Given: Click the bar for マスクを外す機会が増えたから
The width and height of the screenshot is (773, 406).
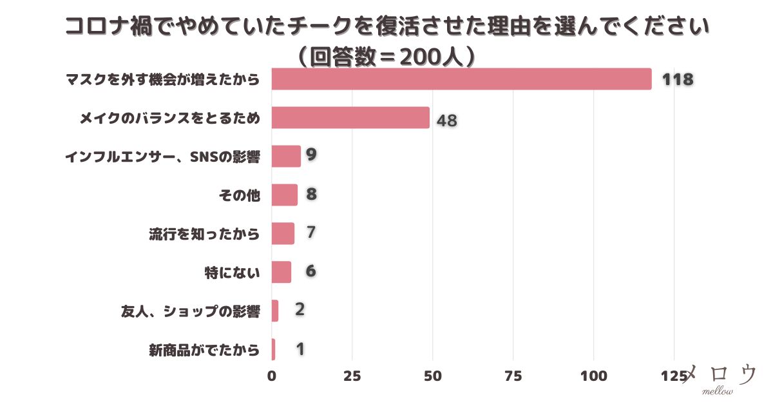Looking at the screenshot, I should [461, 79].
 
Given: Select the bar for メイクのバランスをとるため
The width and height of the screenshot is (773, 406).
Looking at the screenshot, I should [350, 118].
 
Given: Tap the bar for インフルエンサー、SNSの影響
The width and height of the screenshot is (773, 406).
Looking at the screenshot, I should [286, 157].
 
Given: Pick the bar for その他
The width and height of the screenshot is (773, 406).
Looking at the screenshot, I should [285, 195].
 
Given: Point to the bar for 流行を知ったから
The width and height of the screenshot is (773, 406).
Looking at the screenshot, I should [283, 233].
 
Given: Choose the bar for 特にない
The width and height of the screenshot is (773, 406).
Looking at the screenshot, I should [282, 272].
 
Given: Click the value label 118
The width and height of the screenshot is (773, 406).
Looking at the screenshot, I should [678, 80].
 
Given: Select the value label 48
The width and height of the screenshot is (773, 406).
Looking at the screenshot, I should [446, 121].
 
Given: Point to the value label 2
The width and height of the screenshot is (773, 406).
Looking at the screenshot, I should [300, 309].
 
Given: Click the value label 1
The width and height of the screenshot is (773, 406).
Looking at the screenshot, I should [300, 349].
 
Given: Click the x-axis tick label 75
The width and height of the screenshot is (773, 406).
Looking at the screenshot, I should [513, 376].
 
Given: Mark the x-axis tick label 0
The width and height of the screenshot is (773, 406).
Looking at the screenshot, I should [272, 376].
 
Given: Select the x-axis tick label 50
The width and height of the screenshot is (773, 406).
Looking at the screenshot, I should [432, 376].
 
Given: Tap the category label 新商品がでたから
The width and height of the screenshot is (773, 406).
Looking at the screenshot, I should [204, 350].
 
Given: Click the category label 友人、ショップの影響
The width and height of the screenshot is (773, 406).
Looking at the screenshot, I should [191, 311].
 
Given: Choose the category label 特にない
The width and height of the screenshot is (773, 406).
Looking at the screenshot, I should [232, 273].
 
